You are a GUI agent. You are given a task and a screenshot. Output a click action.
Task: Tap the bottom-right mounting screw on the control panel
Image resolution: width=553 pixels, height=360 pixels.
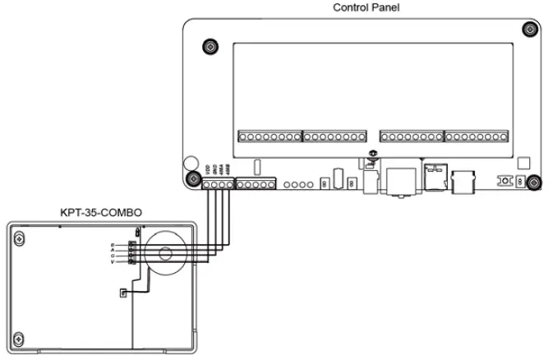pos(532,182)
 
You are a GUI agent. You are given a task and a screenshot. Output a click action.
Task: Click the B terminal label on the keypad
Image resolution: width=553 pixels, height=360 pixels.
pos(112,245)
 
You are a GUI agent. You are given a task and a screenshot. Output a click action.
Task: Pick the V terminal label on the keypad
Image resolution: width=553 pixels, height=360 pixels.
pos(112,262)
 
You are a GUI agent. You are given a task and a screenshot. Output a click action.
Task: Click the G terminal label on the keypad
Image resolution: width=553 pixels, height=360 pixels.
pos(112,256)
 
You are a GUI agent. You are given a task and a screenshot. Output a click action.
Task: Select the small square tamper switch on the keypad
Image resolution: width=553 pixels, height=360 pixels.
pos(122,292)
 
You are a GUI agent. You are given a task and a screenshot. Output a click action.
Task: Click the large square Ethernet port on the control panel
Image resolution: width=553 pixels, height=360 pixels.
pos(400,180)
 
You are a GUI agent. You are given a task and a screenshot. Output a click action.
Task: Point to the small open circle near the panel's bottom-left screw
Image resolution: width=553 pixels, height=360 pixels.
pos(189,164)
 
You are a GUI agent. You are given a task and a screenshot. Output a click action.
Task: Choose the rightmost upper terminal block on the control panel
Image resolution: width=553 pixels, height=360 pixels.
pos(477,135)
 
